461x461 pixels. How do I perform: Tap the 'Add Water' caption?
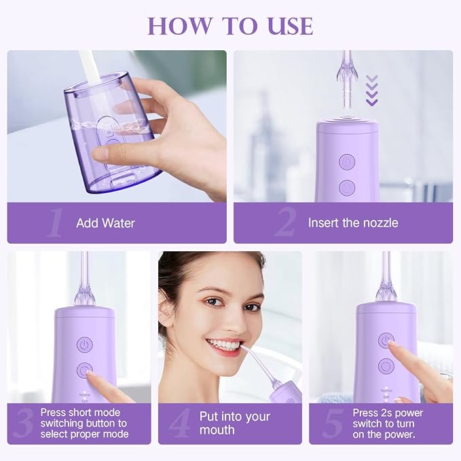point(105,223)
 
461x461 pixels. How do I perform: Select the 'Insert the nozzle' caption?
point(352,223)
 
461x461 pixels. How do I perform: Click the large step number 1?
point(55,223)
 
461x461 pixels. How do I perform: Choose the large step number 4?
point(180,424)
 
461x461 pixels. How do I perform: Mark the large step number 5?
point(333,424)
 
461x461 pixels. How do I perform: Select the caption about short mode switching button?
point(84,424)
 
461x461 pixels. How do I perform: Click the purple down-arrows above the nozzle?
point(371,90)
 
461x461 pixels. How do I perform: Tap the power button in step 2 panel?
point(347,162)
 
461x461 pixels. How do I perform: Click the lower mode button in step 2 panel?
point(347,187)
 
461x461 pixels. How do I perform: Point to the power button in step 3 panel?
point(84,345)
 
